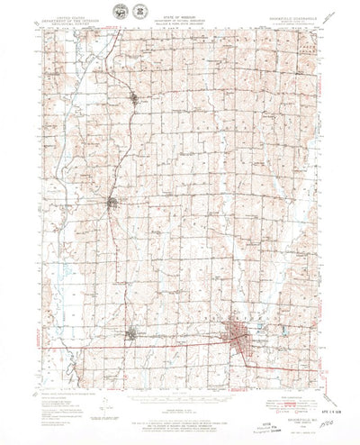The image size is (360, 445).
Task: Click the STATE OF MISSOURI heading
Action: (x=179, y=8)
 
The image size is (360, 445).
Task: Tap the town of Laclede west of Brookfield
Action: (x=133, y=333)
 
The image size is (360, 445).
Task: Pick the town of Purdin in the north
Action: (x=134, y=96)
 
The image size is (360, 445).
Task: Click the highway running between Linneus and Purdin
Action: (x=124, y=149)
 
